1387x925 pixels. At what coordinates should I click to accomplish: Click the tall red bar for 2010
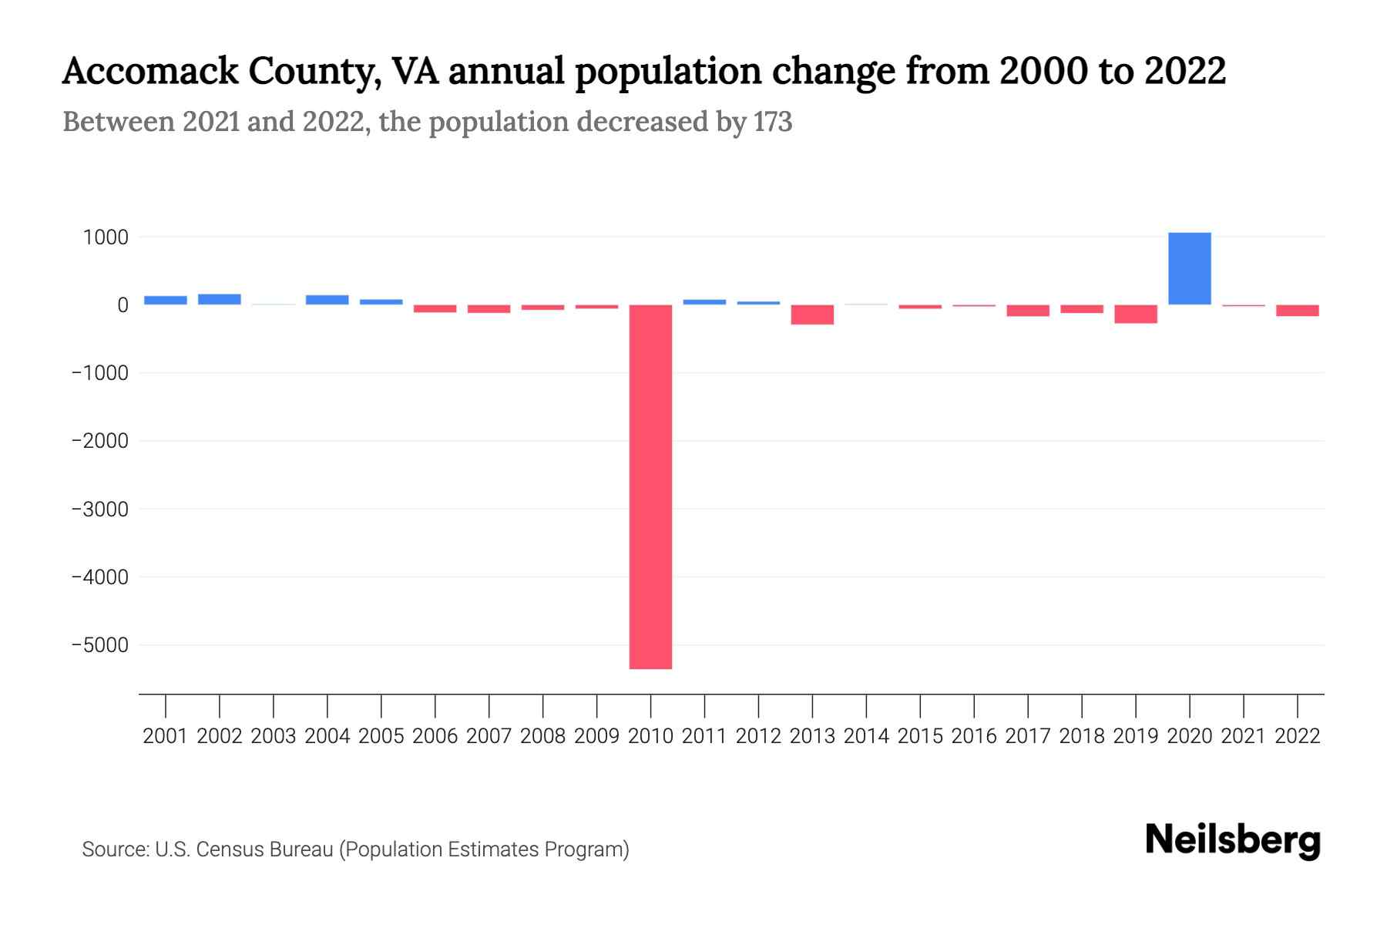coord(650,486)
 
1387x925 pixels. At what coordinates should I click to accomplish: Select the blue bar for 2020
coord(1189,268)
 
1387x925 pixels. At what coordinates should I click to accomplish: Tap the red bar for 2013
coord(812,314)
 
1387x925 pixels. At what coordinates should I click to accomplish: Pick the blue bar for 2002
coord(220,299)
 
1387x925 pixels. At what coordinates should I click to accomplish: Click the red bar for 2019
coord(1135,314)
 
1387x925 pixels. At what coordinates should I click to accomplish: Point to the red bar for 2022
coord(1297,311)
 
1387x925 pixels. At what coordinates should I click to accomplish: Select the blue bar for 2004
coord(327,300)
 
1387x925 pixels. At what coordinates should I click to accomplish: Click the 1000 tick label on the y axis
coord(106,237)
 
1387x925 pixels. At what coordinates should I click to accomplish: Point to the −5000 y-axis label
coord(100,645)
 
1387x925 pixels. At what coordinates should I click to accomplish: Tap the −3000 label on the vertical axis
coord(100,510)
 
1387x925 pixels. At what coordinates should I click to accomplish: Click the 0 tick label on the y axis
coord(123,305)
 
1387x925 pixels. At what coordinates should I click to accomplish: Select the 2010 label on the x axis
coord(650,736)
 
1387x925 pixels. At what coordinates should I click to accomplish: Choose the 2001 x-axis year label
coord(166,736)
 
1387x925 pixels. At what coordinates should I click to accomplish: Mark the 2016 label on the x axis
coord(974,736)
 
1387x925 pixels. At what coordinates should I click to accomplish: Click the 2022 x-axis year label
coord(1297,736)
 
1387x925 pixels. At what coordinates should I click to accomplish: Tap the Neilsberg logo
coord(1232,840)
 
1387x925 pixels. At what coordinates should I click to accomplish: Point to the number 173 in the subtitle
coord(773,122)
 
